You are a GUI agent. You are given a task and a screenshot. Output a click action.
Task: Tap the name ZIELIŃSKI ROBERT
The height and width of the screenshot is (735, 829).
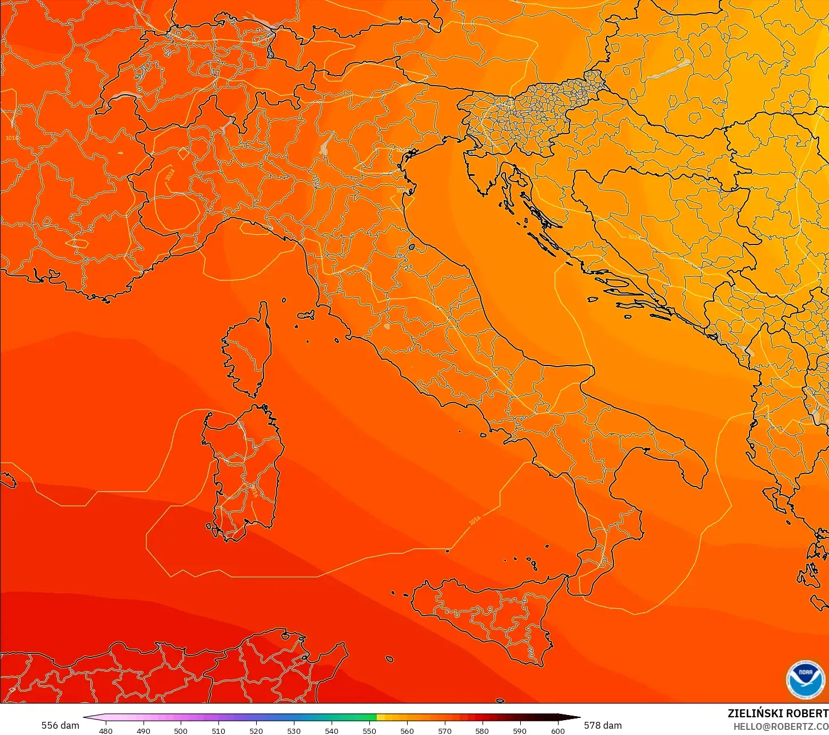pyautogui.click(x=778, y=713)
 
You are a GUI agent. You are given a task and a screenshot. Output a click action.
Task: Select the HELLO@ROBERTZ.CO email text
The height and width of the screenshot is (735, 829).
pyautogui.click(x=781, y=726)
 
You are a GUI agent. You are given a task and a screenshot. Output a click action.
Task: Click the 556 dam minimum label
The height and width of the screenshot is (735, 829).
pyautogui.click(x=60, y=725)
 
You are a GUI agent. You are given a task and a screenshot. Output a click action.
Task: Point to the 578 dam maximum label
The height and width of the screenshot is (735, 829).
pyautogui.click(x=603, y=725)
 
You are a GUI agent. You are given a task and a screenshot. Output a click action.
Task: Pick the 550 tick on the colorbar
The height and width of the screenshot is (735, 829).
pyautogui.click(x=369, y=730)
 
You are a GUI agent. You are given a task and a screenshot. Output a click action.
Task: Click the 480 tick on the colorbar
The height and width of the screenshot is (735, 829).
pyautogui.click(x=106, y=730)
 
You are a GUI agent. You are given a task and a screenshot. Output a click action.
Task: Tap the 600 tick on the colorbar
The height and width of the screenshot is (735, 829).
pyautogui.click(x=557, y=730)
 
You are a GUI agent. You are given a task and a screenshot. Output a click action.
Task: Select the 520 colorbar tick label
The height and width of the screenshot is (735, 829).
pyautogui.click(x=256, y=730)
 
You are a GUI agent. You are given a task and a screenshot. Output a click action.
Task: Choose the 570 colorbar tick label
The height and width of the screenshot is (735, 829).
pyautogui.click(x=445, y=730)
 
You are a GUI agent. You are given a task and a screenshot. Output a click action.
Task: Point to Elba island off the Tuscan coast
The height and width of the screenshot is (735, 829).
pyautogui.click(x=306, y=315)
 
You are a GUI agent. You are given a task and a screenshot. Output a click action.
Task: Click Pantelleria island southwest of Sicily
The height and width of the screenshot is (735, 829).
pyautogui.click(x=389, y=659)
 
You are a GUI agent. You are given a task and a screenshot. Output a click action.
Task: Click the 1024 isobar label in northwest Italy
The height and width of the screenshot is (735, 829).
pyautogui.click(x=170, y=175)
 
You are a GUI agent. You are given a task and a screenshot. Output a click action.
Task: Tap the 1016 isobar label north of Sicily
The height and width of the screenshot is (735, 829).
pyautogui.click(x=475, y=520)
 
